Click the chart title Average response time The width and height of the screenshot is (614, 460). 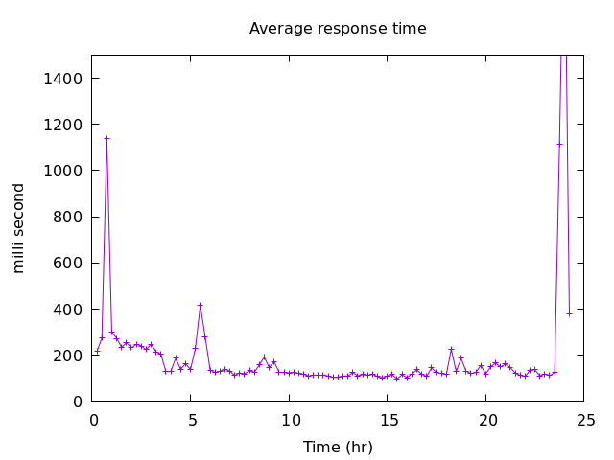tap(338, 29)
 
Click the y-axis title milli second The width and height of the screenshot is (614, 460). tap(19, 228)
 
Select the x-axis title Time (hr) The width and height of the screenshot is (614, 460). tap(338, 448)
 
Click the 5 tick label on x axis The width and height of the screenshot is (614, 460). tap(192, 420)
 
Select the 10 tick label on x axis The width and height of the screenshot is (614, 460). tap(290, 420)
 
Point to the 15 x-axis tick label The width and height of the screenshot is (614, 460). tap(389, 420)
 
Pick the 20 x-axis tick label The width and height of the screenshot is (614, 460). tap(487, 420)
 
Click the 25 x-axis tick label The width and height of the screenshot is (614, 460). tap(586, 420)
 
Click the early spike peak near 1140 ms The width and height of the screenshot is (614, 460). tap(106, 138)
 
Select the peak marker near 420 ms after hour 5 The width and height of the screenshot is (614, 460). tap(200, 305)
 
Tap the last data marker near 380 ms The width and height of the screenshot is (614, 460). tap(569, 313)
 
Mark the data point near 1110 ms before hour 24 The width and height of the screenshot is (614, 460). tap(559, 144)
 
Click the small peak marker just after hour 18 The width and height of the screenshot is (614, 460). tap(451, 349)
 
